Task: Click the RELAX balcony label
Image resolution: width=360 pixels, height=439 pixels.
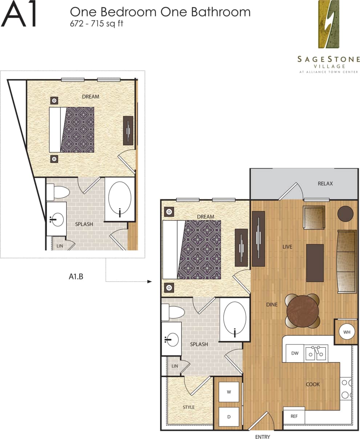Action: pyautogui.click(x=325, y=184)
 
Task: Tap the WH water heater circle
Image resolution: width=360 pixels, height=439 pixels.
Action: pyautogui.click(x=347, y=332)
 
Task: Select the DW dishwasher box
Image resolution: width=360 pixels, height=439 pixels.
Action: pyautogui.click(x=295, y=353)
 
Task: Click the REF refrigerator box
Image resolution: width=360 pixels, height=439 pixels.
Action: pyautogui.click(x=294, y=416)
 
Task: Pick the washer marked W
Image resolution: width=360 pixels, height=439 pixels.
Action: pyautogui.click(x=229, y=392)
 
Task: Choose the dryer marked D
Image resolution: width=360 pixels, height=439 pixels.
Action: pyautogui.click(x=229, y=416)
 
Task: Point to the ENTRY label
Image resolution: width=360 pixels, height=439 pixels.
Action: pyautogui.click(x=263, y=437)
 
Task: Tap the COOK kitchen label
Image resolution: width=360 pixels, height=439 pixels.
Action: pyautogui.click(x=312, y=384)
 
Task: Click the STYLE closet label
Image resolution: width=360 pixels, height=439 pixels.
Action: pyautogui.click(x=189, y=407)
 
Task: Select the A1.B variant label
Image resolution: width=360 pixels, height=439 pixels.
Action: pyautogui.click(x=76, y=277)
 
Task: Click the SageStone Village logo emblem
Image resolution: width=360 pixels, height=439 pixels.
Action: pyautogui.click(x=329, y=24)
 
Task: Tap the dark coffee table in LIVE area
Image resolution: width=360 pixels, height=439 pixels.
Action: pyautogui.click(x=315, y=263)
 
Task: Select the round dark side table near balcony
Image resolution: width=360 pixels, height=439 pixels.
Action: pyautogui.click(x=345, y=214)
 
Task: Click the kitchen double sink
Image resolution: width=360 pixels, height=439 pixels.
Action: pyautogui.click(x=315, y=353)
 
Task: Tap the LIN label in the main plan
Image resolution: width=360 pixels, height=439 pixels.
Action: pyautogui.click(x=175, y=366)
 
